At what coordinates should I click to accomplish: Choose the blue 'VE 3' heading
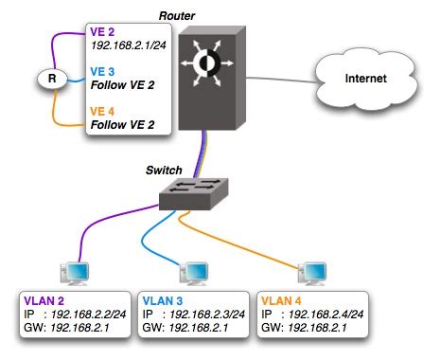(x=103, y=70)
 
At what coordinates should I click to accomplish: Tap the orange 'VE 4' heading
(x=103, y=111)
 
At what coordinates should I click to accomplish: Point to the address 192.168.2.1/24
(x=129, y=44)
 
